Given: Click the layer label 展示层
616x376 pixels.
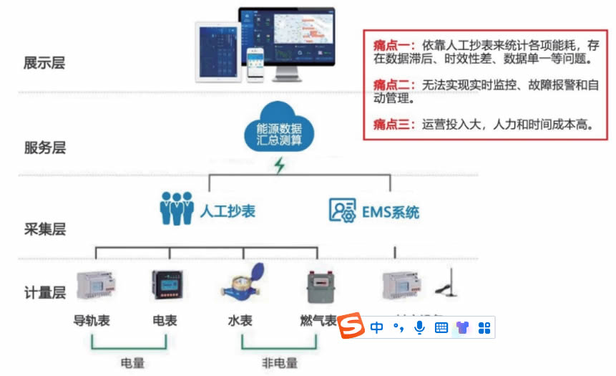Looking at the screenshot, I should tap(44, 62).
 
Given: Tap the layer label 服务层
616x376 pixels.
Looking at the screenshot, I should tap(44, 148).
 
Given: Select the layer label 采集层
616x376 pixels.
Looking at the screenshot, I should tap(44, 229).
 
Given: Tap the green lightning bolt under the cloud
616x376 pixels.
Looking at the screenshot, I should tap(280, 165).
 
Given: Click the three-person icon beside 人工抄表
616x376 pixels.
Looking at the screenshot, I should tap(176, 208).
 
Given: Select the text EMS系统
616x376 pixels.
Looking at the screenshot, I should tap(391, 212).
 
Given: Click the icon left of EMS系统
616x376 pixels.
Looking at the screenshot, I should tap(343, 209).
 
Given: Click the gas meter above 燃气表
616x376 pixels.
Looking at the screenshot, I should tap(319, 287).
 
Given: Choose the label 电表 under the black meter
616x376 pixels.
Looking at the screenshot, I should tap(165, 320).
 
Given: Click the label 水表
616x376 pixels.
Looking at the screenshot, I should tap(240, 320).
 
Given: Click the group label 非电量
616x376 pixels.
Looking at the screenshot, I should tap(280, 362).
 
